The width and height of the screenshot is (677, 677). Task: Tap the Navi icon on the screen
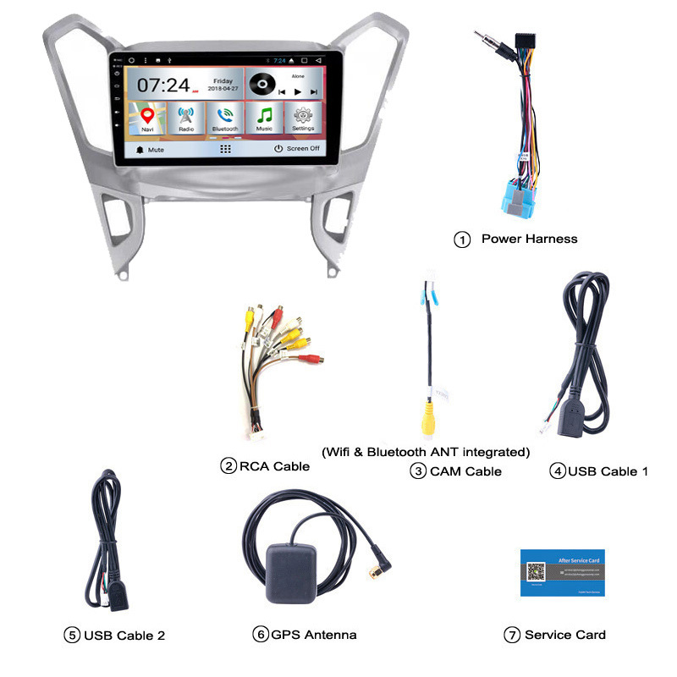click(x=148, y=117)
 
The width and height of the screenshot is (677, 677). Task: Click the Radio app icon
click(x=185, y=117)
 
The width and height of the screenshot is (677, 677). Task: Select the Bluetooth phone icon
click(x=224, y=117)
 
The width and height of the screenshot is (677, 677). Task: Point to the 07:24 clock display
click(x=162, y=85)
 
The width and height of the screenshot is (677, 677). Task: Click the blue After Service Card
click(x=562, y=573)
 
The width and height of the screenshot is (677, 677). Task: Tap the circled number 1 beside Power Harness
click(x=462, y=239)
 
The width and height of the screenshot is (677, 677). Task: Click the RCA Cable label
click(x=274, y=465)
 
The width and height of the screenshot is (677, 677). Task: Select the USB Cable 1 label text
click(x=608, y=471)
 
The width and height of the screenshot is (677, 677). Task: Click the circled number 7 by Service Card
click(x=512, y=636)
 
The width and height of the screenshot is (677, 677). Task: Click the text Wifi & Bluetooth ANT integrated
click(x=426, y=451)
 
